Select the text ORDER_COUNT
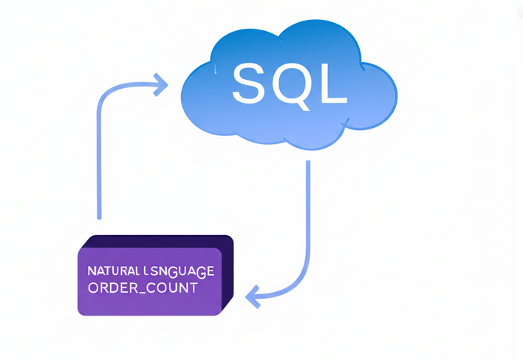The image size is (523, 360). point(143,288)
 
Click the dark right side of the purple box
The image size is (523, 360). point(228,274)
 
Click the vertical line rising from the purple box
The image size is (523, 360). point(99,163)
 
